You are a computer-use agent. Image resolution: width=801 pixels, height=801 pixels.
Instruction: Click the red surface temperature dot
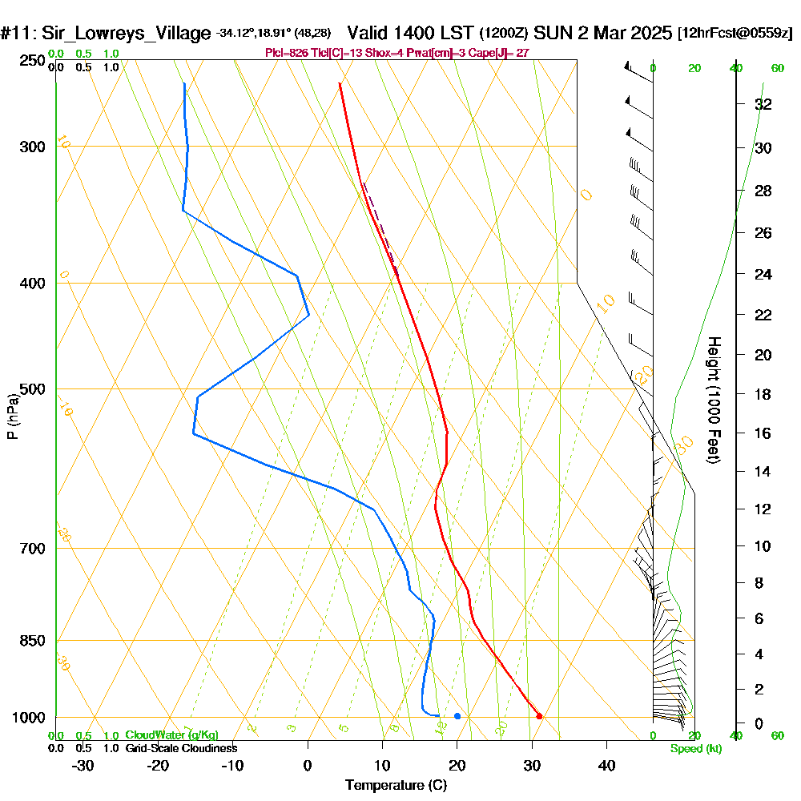tap(539, 716)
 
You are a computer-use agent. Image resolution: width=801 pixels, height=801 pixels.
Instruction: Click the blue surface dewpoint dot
tap(457, 716)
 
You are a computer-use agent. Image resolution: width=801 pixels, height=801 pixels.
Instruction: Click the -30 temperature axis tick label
tap(83, 765)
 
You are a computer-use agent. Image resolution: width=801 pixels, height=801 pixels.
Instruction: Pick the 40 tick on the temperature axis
tap(607, 765)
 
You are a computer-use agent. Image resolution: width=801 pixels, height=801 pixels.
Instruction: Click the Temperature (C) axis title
tap(396, 785)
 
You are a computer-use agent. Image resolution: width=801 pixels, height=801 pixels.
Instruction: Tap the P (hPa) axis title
tap(12, 416)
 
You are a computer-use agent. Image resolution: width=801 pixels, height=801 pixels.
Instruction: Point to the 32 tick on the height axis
tap(763, 104)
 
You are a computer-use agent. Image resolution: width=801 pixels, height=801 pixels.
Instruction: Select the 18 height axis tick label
tap(763, 394)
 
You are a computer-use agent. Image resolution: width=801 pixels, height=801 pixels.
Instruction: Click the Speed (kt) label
tap(695, 748)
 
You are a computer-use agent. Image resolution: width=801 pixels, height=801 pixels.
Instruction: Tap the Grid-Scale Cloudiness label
tap(181, 748)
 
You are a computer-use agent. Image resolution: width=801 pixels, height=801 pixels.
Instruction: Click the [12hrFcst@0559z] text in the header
tap(735, 34)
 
